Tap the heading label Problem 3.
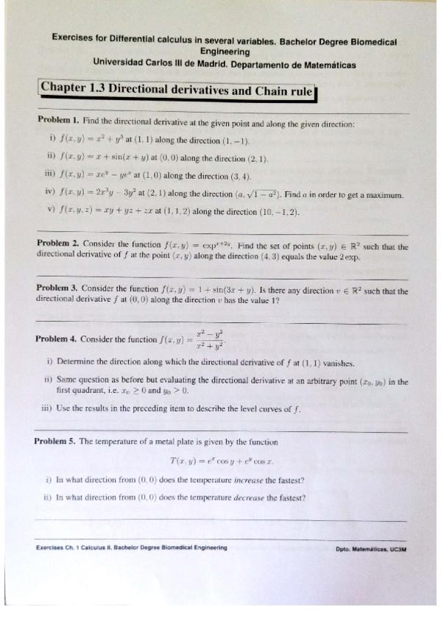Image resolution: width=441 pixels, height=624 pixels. (x=57, y=291)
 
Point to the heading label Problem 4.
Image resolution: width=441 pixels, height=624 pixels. (x=57, y=338)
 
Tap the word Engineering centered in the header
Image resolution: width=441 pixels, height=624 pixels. (x=225, y=52)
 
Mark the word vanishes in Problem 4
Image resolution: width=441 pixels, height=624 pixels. (x=336, y=363)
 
